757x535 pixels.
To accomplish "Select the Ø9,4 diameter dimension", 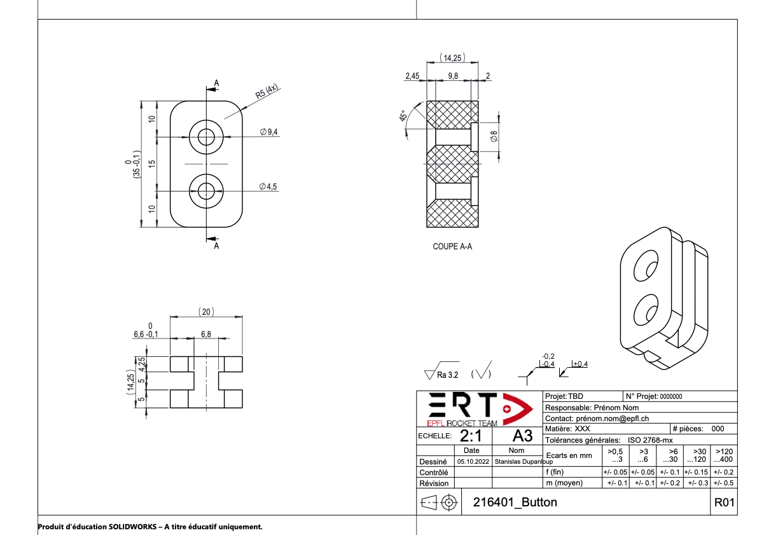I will (x=269, y=132).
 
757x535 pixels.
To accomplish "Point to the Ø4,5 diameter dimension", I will (x=269, y=186).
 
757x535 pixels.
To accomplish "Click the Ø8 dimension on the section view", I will (x=494, y=136).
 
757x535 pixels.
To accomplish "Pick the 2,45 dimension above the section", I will (x=412, y=76).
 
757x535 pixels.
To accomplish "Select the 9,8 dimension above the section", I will (x=453, y=76).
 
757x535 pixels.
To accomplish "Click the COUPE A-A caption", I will (x=452, y=246).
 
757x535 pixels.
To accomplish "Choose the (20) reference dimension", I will (x=206, y=312).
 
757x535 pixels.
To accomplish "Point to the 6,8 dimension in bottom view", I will (x=206, y=334).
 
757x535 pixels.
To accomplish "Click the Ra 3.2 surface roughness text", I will (x=447, y=375).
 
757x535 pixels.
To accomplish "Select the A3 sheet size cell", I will (x=522, y=436).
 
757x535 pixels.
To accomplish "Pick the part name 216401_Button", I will (x=515, y=503).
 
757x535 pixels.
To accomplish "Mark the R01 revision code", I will (x=725, y=503).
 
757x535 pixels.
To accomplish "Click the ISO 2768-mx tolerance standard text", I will (x=650, y=440).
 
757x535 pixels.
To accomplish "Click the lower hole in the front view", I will (x=206, y=191).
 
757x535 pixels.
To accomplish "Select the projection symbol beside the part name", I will (x=440, y=503).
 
